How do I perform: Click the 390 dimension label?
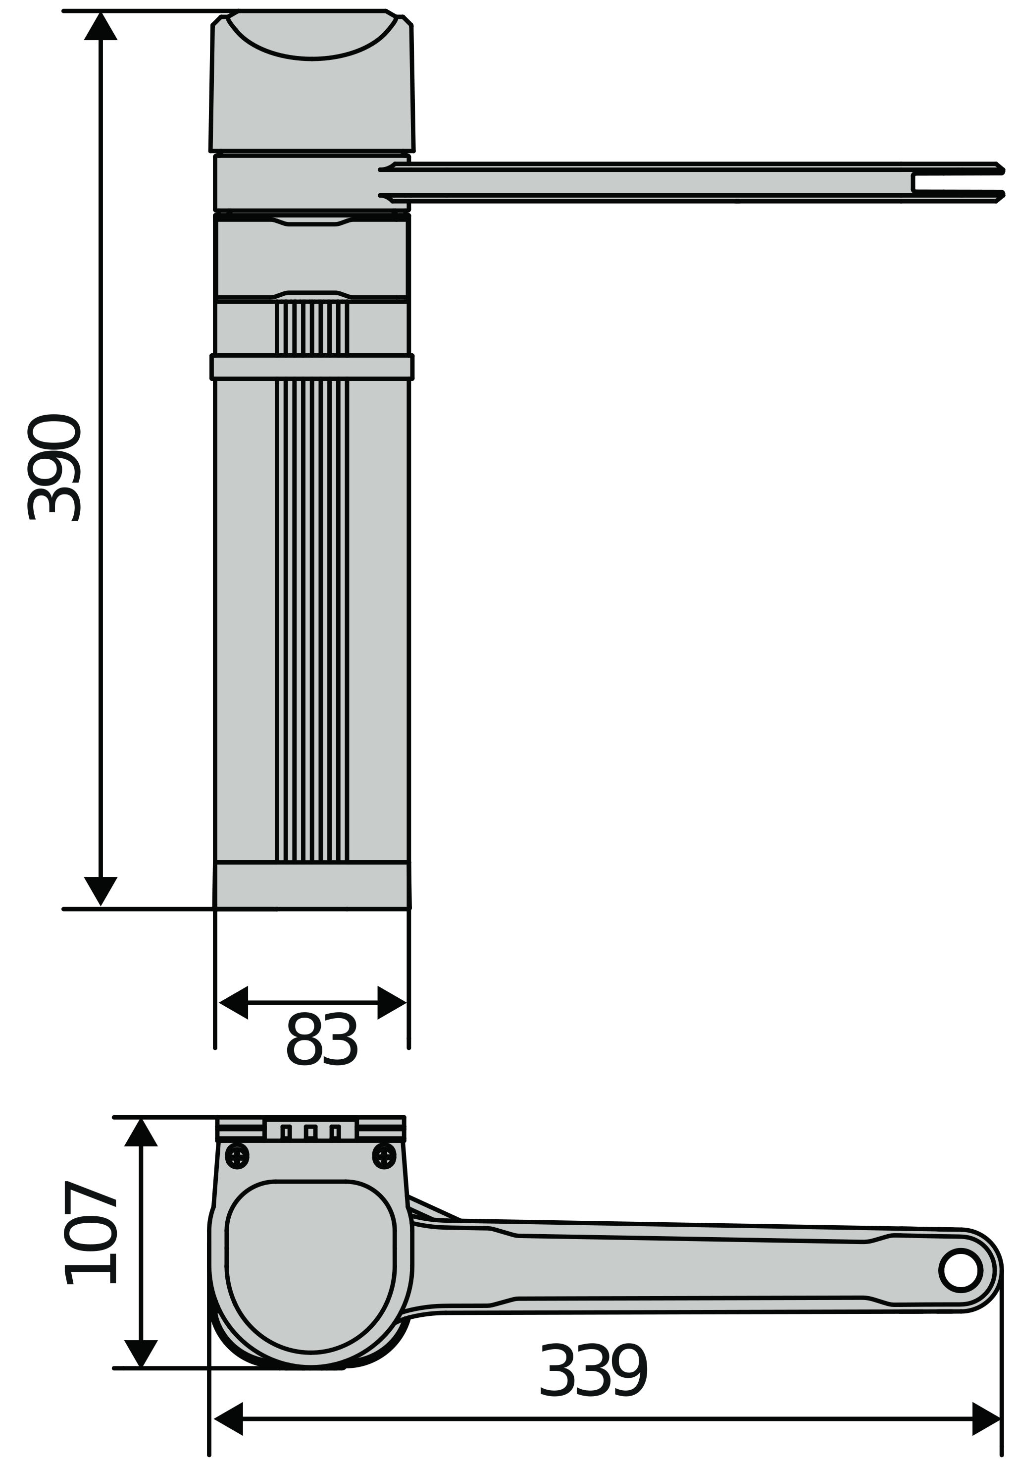pyautogui.click(x=54, y=467)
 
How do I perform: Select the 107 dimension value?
pyautogui.click(x=90, y=1233)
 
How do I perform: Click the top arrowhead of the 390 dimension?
pyautogui.click(x=101, y=27)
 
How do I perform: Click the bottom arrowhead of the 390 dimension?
pyautogui.click(x=101, y=889)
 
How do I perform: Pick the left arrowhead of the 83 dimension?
pyautogui.click(x=234, y=1003)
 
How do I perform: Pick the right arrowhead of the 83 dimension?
pyautogui.click(x=391, y=1003)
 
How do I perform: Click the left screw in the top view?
pyautogui.click(x=237, y=1156)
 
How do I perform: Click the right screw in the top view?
pyautogui.click(x=384, y=1156)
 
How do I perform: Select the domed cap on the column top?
pyautogui.click(x=311, y=83)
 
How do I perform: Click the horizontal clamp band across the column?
pyautogui.click(x=311, y=367)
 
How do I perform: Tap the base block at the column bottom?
pyautogui.click(x=311, y=885)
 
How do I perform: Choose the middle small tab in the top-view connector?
pyautogui.click(x=310, y=1132)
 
